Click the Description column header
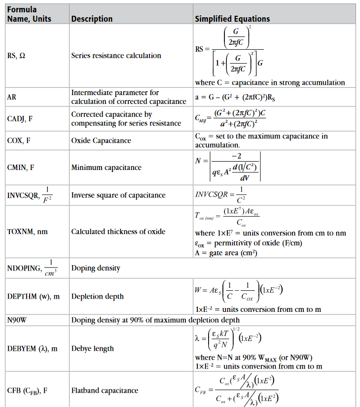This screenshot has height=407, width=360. [92, 19]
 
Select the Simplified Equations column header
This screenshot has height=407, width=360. [232, 19]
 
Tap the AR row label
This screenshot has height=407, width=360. [12, 97]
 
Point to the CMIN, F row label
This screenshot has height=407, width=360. [20, 168]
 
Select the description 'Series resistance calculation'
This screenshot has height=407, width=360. [116, 56]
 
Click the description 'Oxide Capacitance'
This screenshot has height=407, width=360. [101, 140]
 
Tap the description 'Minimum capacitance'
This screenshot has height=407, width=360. [106, 168]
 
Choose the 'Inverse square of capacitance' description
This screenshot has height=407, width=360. [118, 195]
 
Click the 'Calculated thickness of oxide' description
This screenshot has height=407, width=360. [118, 232]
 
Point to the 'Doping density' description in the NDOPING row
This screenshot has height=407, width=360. [96, 268]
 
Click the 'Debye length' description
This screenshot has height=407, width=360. [92, 348]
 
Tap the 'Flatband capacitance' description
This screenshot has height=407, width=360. [105, 390]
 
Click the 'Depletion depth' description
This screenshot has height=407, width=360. [97, 297]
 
